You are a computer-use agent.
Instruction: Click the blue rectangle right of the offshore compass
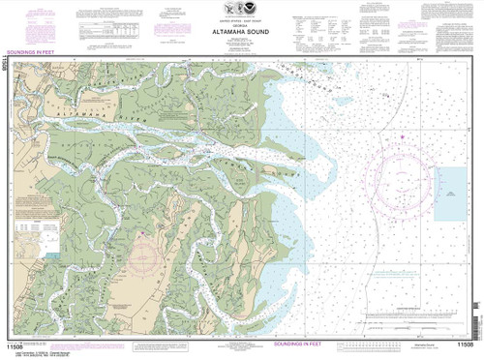[451, 181]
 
